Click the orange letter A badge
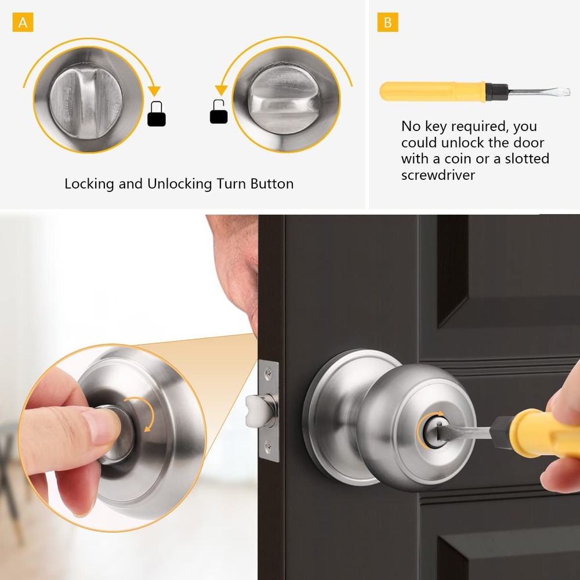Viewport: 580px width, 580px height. (23, 23)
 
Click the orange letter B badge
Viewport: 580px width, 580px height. (388, 23)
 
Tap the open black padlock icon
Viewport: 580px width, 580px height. (219, 111)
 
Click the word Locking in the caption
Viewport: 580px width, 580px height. (89, 184)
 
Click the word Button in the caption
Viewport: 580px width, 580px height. (271, 184)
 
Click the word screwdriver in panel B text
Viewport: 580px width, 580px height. (438, 175)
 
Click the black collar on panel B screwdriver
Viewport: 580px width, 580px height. (496, 90)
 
